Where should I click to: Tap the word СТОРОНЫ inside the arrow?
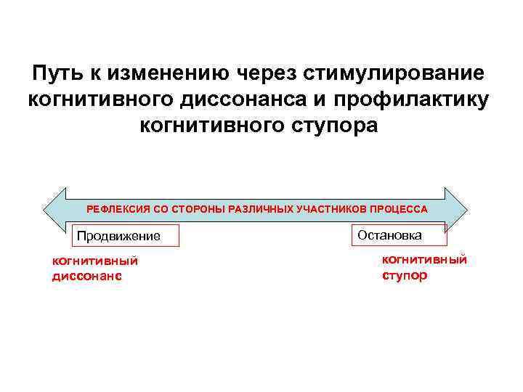click(194, 209)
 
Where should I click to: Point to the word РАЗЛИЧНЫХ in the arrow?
click(258, 209)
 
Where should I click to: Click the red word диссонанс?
click(86, 276)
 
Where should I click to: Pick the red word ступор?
click(405, 275)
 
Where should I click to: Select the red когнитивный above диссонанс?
click(94, 261)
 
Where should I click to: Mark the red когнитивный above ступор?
click(425, 260)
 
